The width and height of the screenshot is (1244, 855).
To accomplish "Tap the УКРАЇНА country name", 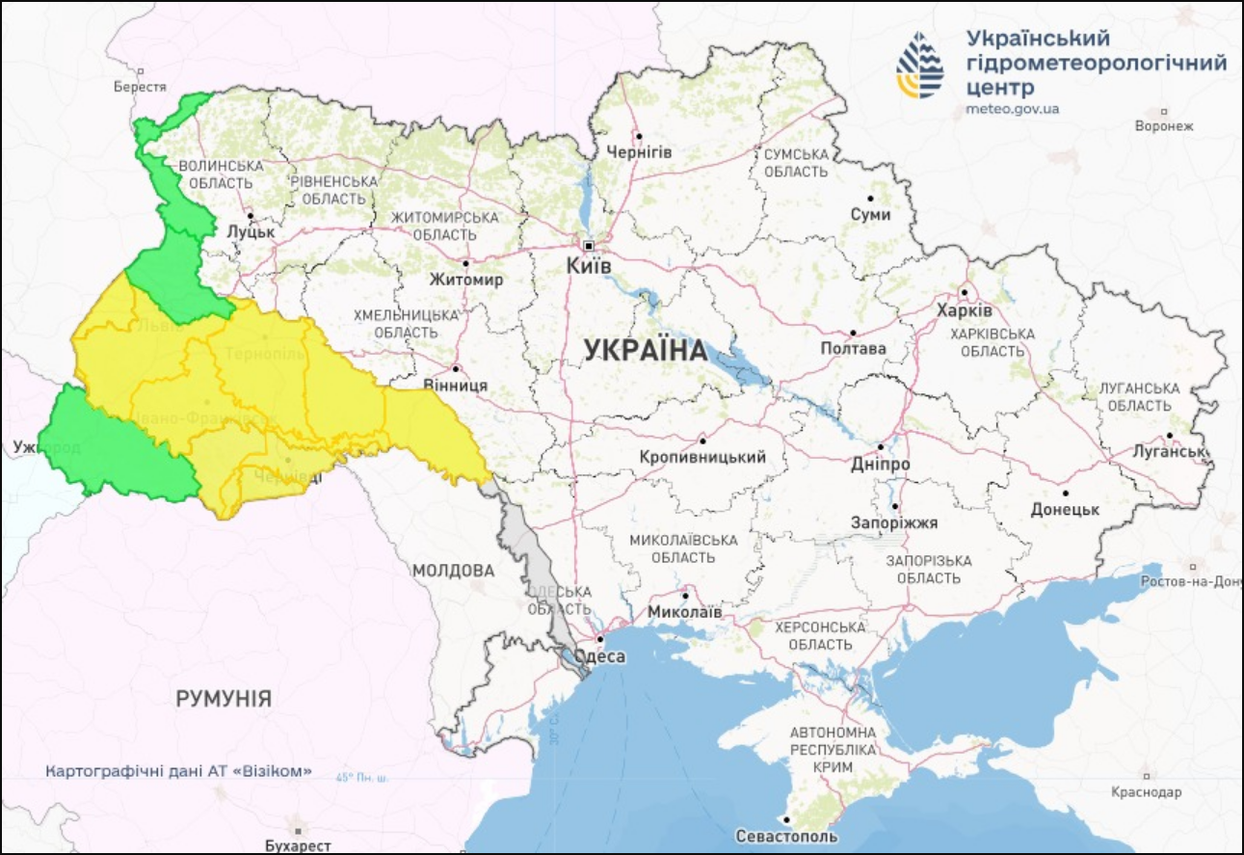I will click(x=646, y=352).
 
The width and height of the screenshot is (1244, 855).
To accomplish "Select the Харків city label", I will click(x=964, y=311).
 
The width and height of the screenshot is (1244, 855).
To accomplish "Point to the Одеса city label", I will click(x=599, y=657).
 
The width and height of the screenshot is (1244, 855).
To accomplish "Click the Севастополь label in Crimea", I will click(x=785, y=837).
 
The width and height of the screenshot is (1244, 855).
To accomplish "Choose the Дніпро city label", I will click(x=881, y=465).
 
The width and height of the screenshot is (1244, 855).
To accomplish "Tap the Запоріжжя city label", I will click(x=894, y=522).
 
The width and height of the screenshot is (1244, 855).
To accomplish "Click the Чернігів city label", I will click(x=639, y=152).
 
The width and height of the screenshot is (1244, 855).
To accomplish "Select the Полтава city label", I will click(x=853, y=349).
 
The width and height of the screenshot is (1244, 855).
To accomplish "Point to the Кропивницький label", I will click(x=703, y=457).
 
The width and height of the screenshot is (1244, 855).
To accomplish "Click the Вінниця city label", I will click(x=457, y=385).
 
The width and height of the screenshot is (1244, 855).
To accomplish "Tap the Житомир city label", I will click(x=467, y=280).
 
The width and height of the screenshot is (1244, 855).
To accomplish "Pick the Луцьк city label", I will click(x=251, y=232).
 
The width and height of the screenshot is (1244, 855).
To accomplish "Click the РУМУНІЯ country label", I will click(x=224, y=699).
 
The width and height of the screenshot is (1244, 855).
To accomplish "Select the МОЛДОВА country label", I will click(x=453, y=571).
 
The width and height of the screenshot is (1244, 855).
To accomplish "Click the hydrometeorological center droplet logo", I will click(x=921, y=65).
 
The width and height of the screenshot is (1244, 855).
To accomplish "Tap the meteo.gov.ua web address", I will click(x=1012, y=109).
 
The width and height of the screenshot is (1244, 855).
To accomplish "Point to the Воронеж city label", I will click(x=1164, y=125).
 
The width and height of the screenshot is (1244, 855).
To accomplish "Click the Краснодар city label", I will click(x=1146, y=792).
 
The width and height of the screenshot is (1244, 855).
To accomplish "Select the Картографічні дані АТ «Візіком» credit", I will click(x=179, y=771).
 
